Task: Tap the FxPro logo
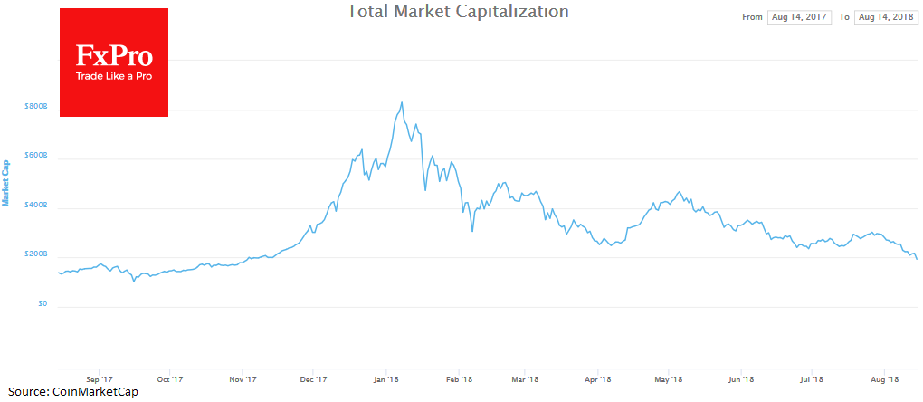[x=113, y=62]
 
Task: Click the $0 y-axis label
[x=40, y=304]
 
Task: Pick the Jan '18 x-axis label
[x=386, y=380]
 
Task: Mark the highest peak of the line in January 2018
[x=401, y=102]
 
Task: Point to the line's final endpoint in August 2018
[x=917, y=259]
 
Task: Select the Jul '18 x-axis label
[x=812, y=380]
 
